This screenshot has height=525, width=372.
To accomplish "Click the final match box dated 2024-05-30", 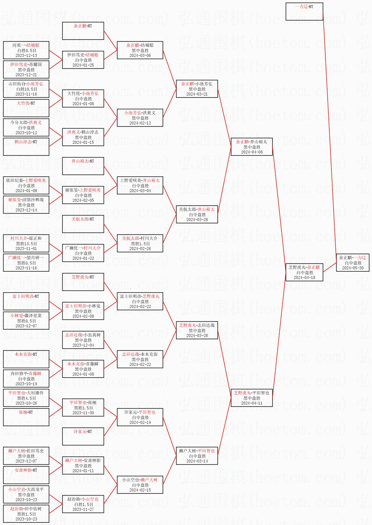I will coord(353,263).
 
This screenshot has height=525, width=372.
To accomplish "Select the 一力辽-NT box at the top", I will coord(304,12).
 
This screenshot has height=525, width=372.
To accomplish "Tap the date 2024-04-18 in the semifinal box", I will coord(304,278).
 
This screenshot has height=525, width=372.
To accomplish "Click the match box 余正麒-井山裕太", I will coord(252,147).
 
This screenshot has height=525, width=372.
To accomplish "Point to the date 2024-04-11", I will coord(252,403).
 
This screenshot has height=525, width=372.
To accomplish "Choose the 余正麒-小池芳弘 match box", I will coord(197,89).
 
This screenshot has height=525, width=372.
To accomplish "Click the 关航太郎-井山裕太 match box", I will coord(197,214).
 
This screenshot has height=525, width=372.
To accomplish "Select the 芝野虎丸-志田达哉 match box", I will coord(197,330).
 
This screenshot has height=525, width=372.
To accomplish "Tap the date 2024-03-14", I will coord(197,461).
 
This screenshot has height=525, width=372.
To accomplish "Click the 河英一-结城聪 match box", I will coord(26,50).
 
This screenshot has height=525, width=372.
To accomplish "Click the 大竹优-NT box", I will coord(26,108).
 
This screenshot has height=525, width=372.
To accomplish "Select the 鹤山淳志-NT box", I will coord(26,147).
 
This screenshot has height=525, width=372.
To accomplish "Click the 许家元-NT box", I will coord(83,436).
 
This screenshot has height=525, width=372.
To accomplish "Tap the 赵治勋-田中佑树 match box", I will coord(26,514).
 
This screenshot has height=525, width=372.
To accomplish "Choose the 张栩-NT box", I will coord(26,417).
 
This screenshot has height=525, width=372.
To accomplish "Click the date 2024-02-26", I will coord(140,249).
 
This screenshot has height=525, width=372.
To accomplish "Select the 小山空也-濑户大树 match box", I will coord(140,485).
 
